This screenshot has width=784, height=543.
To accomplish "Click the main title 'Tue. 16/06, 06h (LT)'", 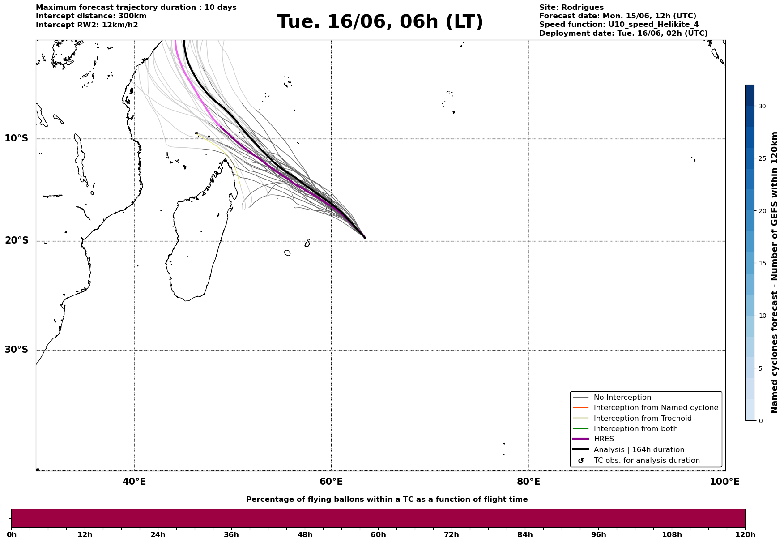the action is (380, 22).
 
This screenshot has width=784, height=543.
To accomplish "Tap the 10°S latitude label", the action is (16, 138).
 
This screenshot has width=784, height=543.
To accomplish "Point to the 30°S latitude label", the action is (16, 350).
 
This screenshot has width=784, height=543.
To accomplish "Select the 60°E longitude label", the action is (331, 482).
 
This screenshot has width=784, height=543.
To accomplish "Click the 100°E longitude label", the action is (724, 482).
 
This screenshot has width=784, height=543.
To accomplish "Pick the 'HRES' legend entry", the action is (604, 439).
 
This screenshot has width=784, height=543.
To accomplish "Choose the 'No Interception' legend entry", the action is (622, 398).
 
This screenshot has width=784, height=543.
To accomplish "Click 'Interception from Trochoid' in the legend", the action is (643, 419).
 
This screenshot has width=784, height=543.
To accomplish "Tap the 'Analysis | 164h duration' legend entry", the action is (639, 450).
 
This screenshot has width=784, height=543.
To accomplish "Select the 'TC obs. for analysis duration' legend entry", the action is (647, 461).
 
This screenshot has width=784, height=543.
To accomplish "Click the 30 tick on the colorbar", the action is (762, 106).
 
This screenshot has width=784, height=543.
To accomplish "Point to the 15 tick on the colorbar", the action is (762, 263).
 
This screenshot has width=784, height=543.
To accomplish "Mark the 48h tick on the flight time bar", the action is (305, 534).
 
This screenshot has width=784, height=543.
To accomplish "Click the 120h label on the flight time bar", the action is (745, 534).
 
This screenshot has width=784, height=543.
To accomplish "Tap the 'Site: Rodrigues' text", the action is (571, 8).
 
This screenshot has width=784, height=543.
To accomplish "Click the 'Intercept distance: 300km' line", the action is (91, 16).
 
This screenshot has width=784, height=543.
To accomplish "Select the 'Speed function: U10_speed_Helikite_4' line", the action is (619, 25).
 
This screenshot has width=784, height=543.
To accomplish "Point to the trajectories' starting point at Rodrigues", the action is (365, 238).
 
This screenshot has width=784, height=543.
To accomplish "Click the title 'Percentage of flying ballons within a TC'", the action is (387, 500).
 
